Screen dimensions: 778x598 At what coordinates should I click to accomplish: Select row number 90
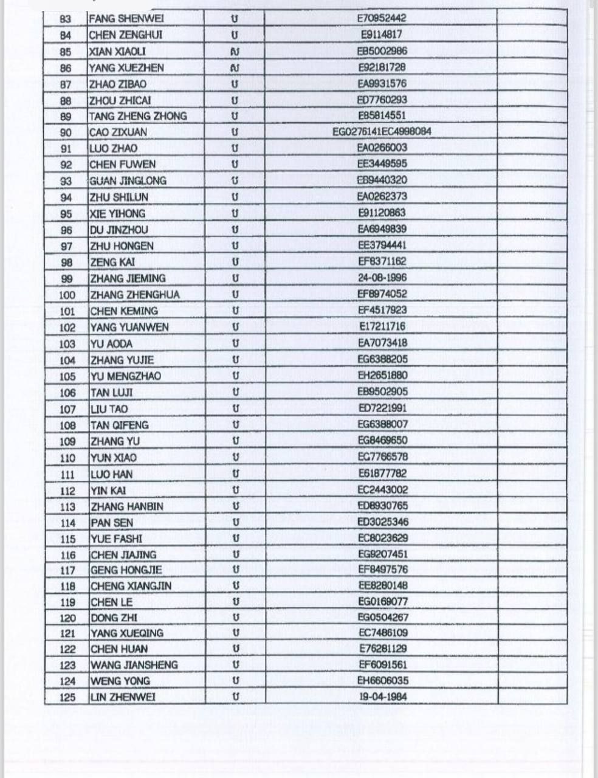click(x=66, y=133)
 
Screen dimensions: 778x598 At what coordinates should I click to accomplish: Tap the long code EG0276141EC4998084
click(x=382, y=131)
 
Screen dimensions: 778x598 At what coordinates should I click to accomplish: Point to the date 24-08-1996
click(x=382, y=278)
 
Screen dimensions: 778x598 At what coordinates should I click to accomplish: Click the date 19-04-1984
click(x=382, y=697)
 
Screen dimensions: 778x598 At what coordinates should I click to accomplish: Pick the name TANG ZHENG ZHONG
click(x=138, y=116)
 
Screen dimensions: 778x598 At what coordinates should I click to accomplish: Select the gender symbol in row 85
click(x=235, y=52)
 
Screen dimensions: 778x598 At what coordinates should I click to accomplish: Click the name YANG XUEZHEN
click(x=126, y=67)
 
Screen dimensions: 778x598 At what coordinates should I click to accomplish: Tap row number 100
click(x=67, y=295)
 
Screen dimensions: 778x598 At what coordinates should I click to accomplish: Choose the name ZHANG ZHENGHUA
click(x=135, y=295)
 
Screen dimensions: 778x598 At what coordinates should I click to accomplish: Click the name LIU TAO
click(x=109, y=409)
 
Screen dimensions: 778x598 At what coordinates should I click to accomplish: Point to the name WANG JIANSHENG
click(x=134, y=665)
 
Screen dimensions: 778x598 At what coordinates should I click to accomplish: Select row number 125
click(x=67, y=697)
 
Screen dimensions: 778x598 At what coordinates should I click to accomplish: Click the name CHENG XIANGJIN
click(x=131, y=587)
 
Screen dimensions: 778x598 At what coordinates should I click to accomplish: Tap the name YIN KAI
click(x=108, y=491)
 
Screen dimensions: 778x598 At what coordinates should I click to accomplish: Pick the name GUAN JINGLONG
click(x=128, y=181)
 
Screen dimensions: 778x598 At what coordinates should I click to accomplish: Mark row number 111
click(x=67, y=475)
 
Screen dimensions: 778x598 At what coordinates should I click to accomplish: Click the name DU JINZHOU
click(x=119, y=230)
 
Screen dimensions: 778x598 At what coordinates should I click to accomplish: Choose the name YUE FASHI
click(x=116, y=539)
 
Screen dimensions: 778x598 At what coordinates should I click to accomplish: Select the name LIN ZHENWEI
click(x=123, y=697)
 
